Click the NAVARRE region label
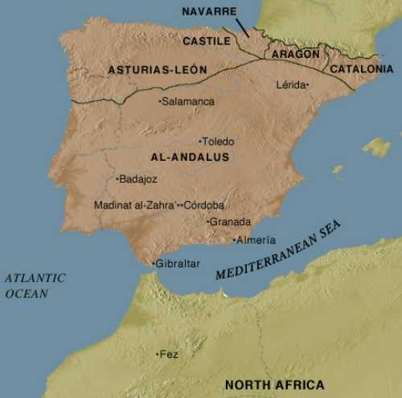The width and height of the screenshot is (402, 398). (x=209, y=11)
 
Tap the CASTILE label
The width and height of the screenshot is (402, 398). (x=206, y=40)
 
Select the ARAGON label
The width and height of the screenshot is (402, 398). (x=295, y=54)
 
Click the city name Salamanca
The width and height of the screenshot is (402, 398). (x=188, y=101)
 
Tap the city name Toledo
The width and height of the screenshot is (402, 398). (x=219, y=141)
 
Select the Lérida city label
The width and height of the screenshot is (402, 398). (x=292, y=84)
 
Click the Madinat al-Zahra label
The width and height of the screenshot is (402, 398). (x=133, y=205)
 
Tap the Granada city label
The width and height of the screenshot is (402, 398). (x=231, y=222)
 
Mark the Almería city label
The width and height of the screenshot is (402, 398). (x=256, y=240)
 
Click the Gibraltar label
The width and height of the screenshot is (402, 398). (x=177, y=264)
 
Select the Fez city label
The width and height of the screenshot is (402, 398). (x=169, y=355)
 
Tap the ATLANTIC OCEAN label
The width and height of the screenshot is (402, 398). (x=35, y=285)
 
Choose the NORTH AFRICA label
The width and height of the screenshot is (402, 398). (x=274, y=384)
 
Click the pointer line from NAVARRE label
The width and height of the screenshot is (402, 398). (x=242, y=26)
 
